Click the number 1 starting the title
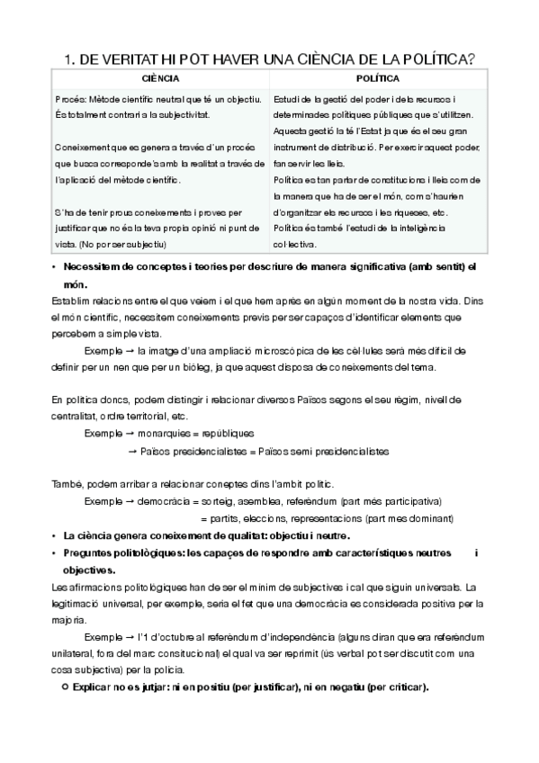pyautogui.click(x=68, y=60)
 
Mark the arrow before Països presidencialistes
pyautogui.click(x=133, y=450)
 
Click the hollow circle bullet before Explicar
pyautogui.click(x=63, y=687)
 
